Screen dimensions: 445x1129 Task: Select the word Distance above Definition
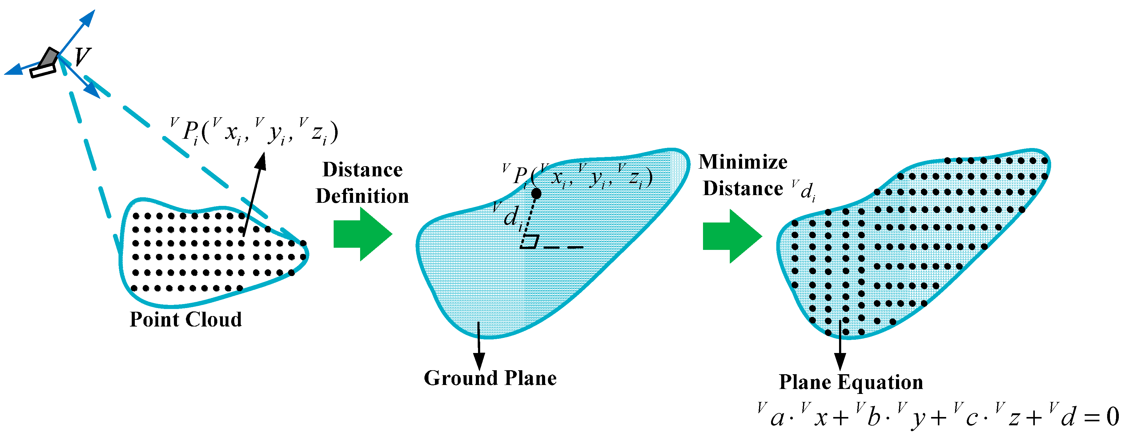(x=363, y=170)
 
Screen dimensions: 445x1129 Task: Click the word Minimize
(x=743, y=162)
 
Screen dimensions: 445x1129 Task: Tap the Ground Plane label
(x=490, y=378)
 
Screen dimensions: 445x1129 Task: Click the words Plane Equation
(x=851, y=382)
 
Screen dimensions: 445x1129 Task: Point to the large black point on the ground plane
(x=536, y=194)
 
